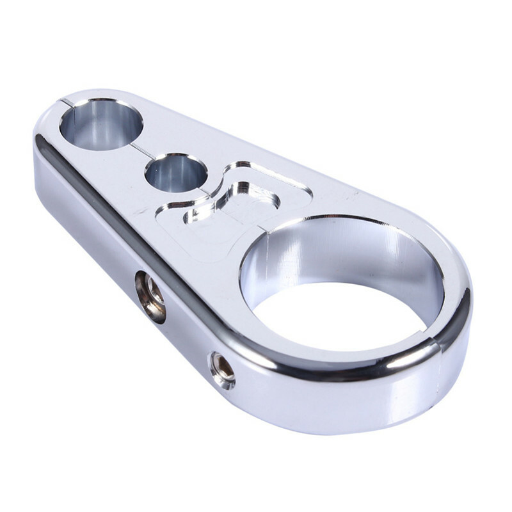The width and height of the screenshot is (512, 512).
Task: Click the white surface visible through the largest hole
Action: (339, 314)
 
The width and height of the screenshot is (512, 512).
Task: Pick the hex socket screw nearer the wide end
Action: (223, 371)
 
